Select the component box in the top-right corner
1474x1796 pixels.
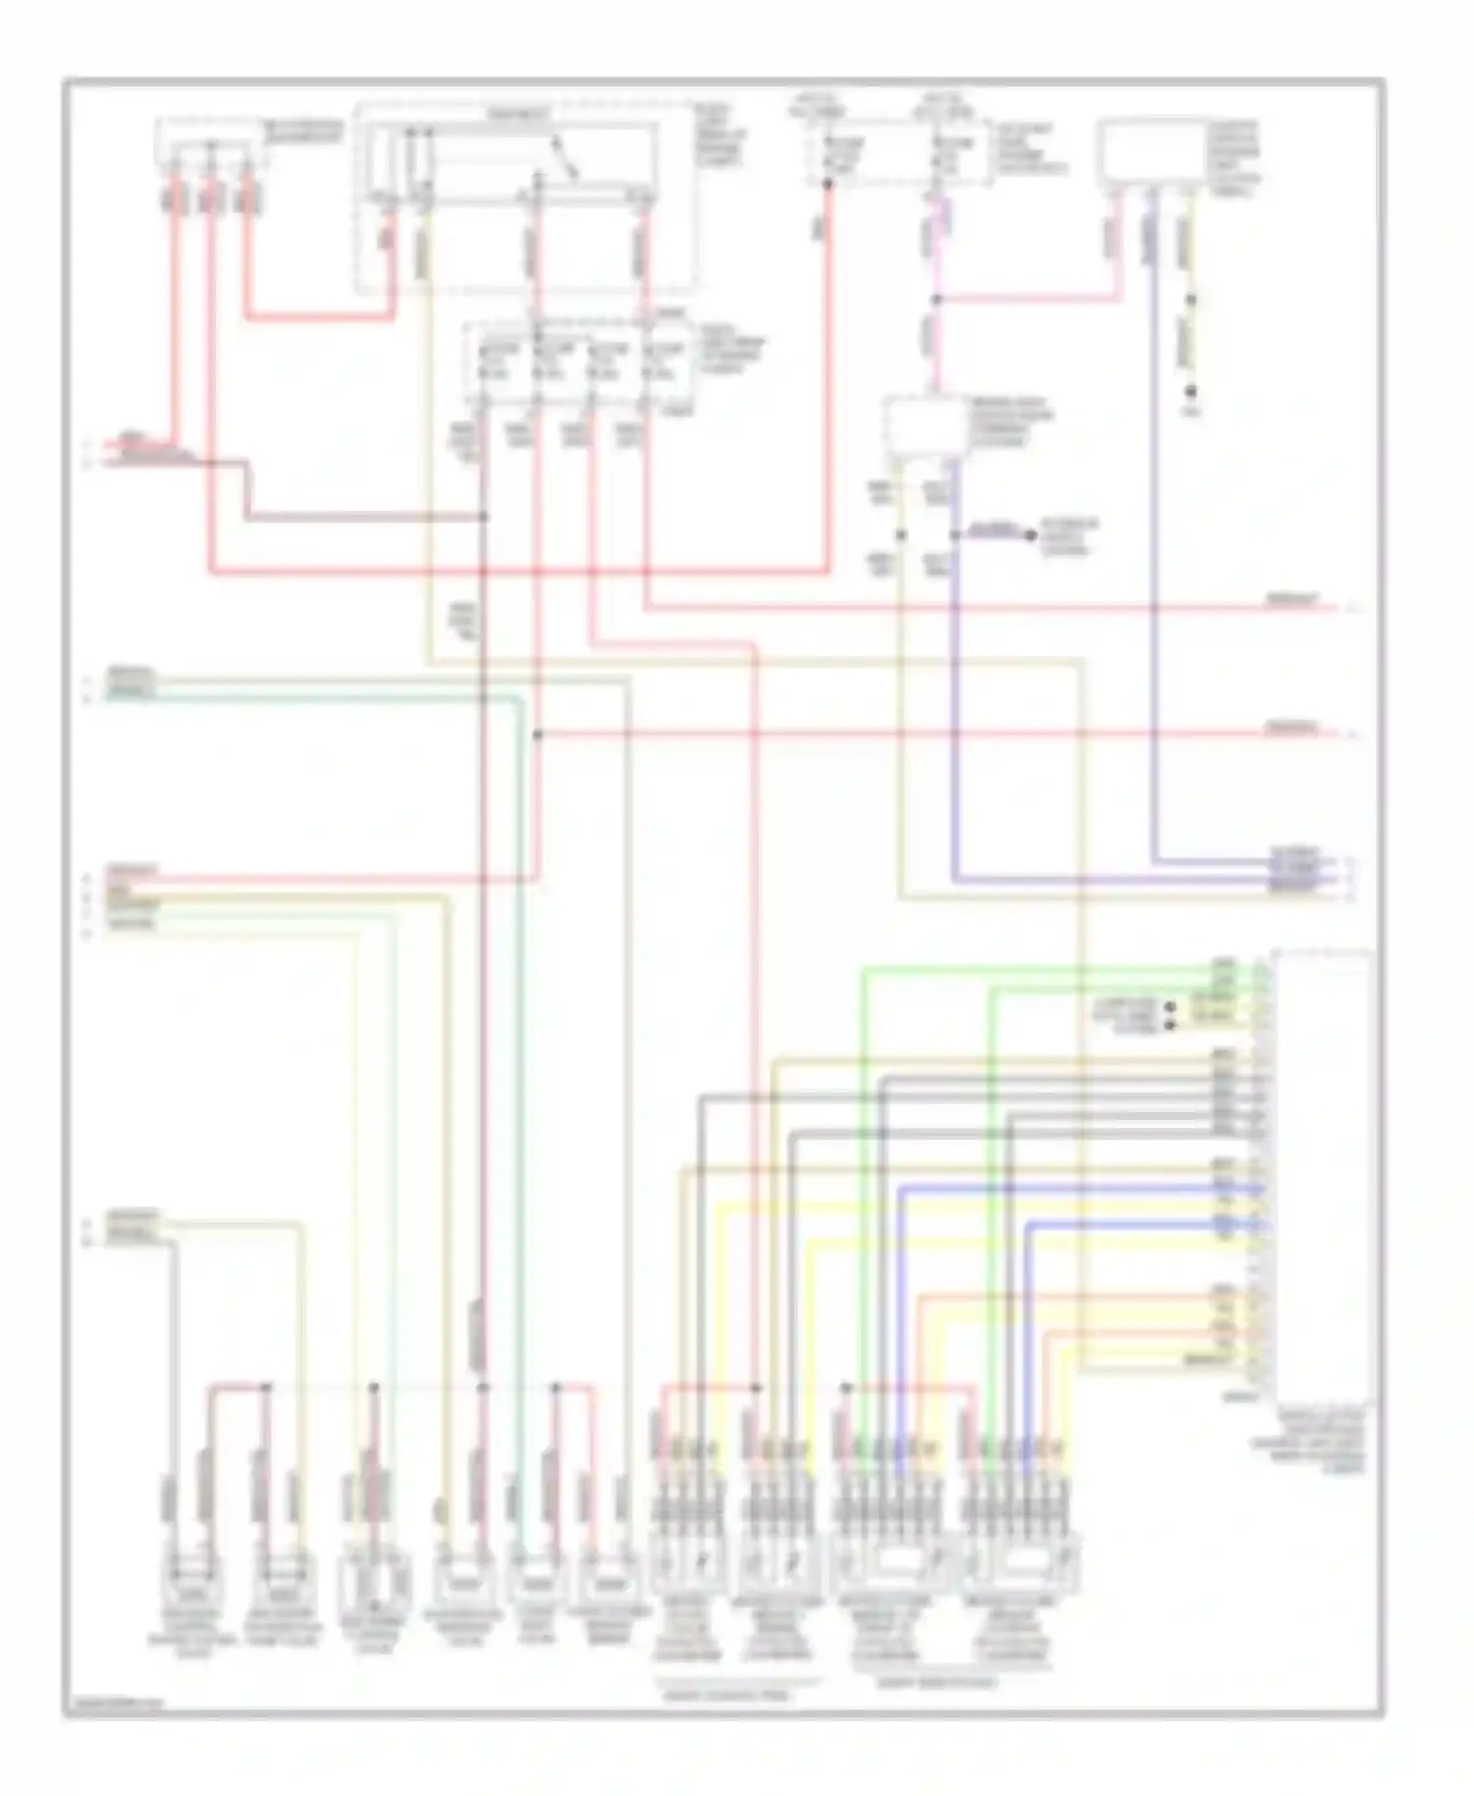pos(1151,152)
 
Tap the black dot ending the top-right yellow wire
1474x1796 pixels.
pos(1191,392)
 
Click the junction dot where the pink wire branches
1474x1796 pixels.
pos(936,298)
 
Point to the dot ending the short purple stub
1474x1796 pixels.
pos(1030,534)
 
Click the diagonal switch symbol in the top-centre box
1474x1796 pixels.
pos(565,162)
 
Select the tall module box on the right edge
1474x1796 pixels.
pos(1322,1174)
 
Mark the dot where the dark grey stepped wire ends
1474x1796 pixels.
pos(483,517)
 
